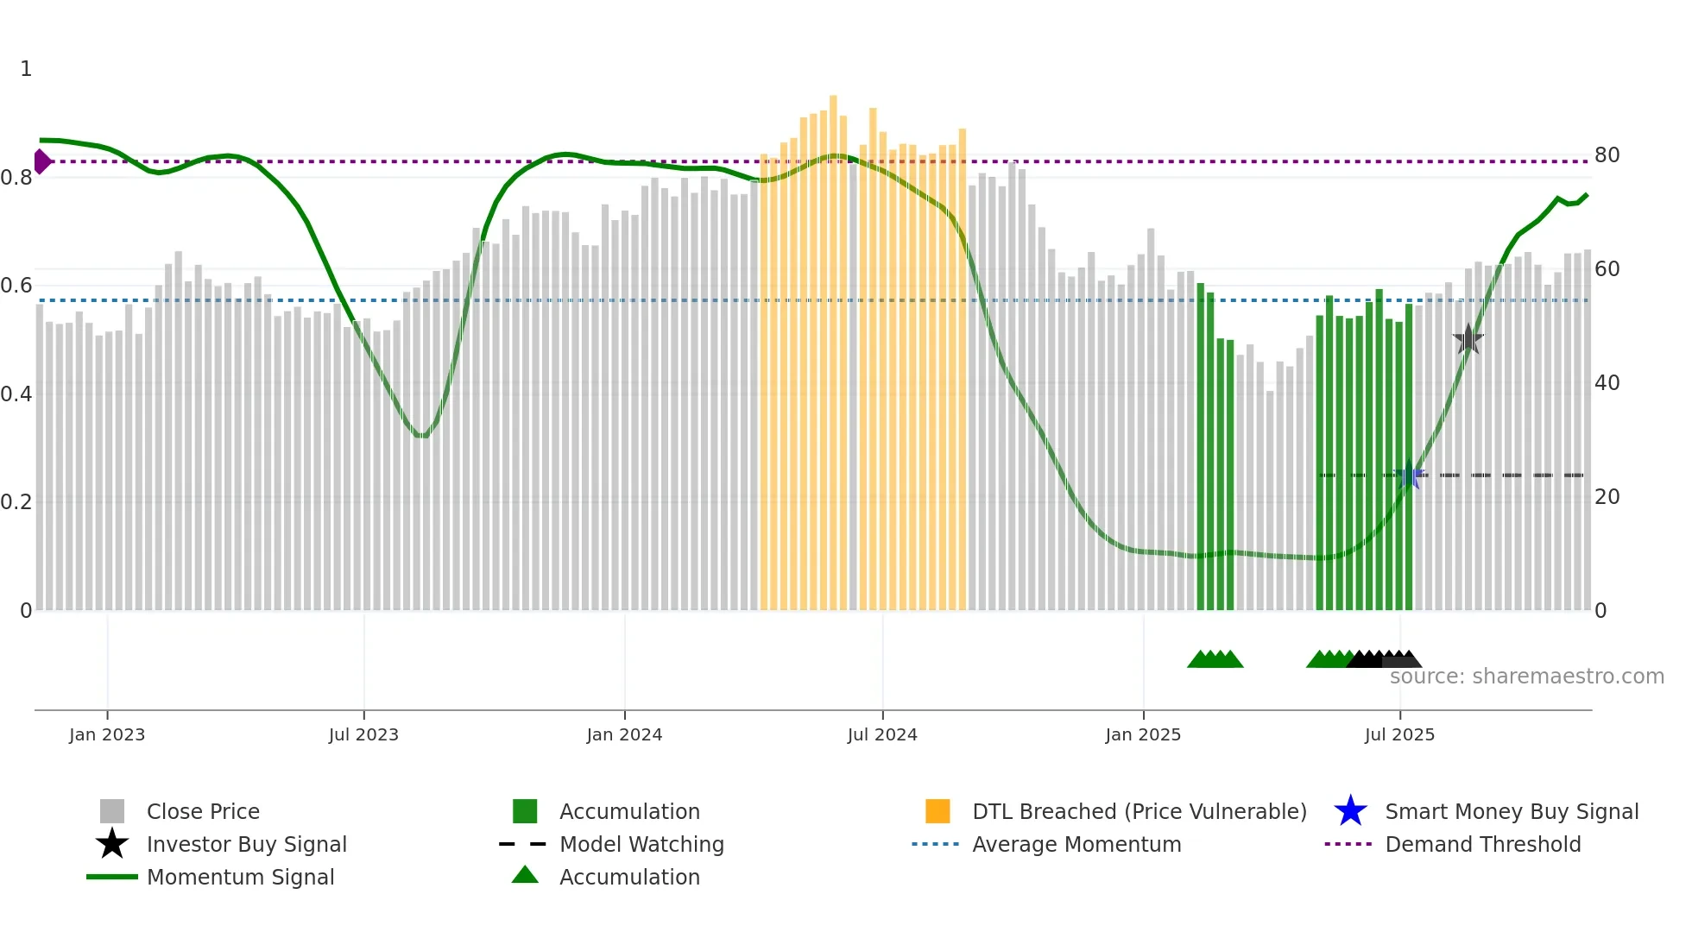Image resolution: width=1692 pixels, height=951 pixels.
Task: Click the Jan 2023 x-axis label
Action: [x=107, y=734]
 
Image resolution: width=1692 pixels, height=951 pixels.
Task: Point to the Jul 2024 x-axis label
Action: [x=882, y=734]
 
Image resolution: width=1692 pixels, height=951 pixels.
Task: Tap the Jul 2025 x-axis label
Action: [x=1399, y=734]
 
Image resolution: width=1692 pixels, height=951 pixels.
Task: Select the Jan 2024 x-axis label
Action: [x=624, y=734]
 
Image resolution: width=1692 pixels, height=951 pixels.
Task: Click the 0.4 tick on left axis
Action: [x=16, y=394]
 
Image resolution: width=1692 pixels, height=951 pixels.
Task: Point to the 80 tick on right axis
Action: [x=1607, y=155]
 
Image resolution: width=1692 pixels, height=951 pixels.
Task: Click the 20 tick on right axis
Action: [x=1607, y=497]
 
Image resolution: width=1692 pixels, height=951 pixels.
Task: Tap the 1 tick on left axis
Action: [x=26, y=69]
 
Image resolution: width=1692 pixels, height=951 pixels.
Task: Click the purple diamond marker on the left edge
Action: [x=41, y=161]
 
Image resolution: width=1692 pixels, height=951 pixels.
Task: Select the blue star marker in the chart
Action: [x=1410, y=475]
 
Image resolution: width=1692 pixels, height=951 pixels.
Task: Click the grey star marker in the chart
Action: [x=1468, y=340]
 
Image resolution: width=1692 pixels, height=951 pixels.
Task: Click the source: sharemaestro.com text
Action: [x=1526, y=677]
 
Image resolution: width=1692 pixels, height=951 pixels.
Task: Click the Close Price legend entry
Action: [x=203, y=811]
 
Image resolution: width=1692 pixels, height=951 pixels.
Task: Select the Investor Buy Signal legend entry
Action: [x=246, y=844]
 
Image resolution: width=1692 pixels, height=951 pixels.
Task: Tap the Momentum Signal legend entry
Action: [x=240, y=877]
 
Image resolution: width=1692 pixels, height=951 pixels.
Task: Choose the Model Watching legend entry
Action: [x=641, y=844]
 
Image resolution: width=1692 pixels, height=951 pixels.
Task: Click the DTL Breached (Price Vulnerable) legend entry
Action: [x=1139, y=811]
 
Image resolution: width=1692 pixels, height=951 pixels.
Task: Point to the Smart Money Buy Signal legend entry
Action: [x=1511, y=811]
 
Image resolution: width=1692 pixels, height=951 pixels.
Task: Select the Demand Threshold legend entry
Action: [x=1482, y=844]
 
